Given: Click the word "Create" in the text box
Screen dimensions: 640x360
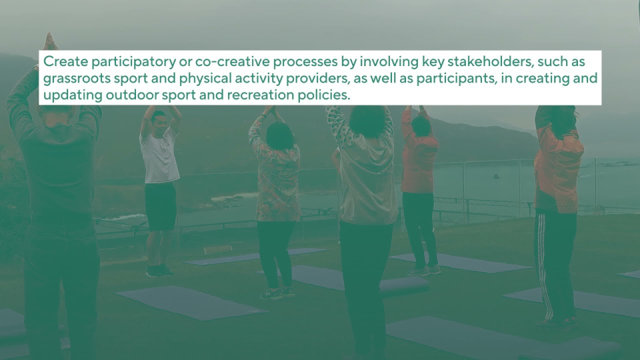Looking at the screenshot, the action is click(66, 61).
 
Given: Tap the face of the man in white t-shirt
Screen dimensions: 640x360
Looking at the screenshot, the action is click(159, 121).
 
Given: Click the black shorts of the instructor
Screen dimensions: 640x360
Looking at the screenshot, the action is click(161, 206).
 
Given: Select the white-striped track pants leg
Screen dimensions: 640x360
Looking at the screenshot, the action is click(544, 265).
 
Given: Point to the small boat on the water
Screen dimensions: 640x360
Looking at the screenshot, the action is click(496, 176).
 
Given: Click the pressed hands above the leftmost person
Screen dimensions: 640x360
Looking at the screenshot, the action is click(49, 41).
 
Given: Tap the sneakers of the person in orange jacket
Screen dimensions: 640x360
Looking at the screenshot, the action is click(425, 270).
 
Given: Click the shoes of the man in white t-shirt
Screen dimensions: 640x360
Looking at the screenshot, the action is click(159, 271).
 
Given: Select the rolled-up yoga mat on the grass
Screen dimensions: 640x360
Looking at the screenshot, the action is click(403, 285).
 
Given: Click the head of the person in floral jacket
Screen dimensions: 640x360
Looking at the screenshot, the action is click(279, 135).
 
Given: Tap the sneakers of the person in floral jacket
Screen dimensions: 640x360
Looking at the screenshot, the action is click(277, 293).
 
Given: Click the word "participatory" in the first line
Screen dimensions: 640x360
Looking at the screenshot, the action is click(134, 61).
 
